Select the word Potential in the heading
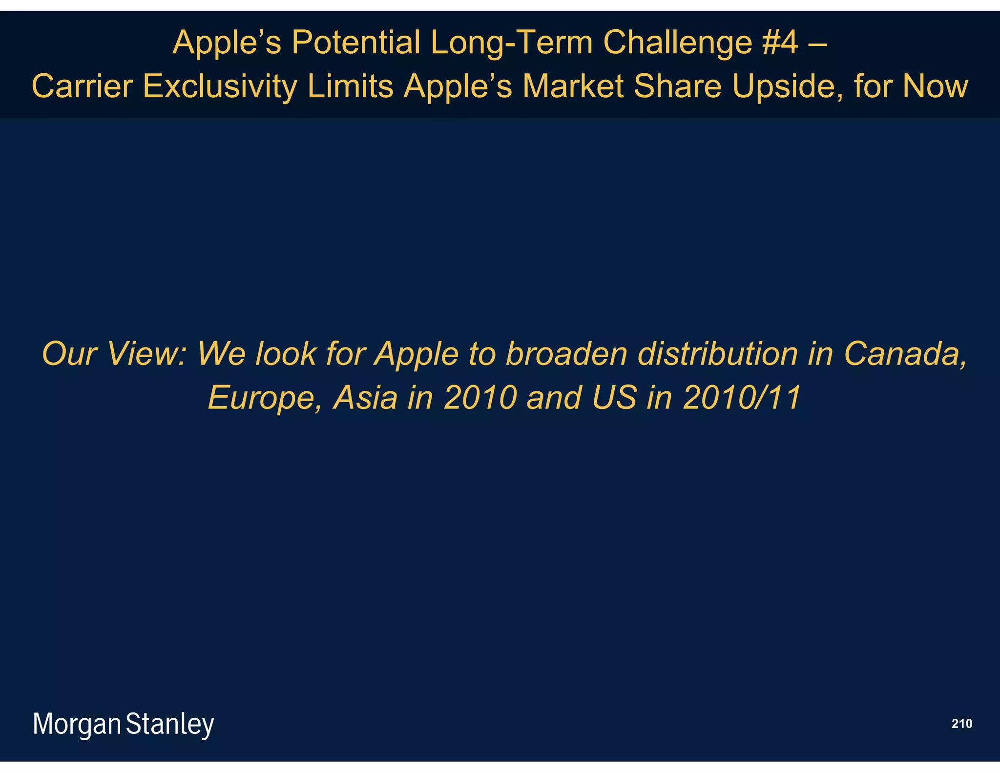355,43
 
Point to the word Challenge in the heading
677,43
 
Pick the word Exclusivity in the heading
220,86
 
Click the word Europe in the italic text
264,398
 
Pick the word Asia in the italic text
365,398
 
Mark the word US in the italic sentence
614,398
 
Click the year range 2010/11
742,398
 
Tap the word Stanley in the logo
170,724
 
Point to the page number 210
961,724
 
